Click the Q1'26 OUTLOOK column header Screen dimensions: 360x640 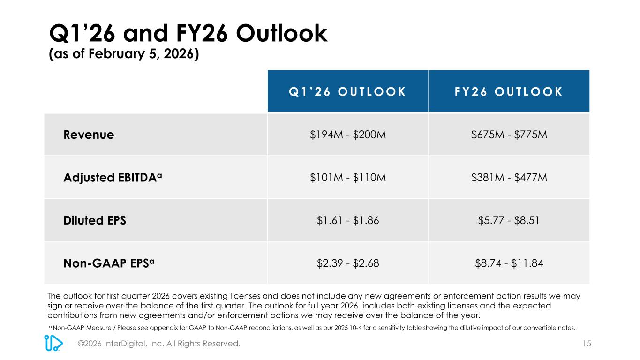[347, 91]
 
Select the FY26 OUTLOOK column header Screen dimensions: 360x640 [509, 91]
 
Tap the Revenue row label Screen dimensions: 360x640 [89, 135]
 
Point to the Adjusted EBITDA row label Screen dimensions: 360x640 [113, 178]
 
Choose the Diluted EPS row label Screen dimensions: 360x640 [95, 220]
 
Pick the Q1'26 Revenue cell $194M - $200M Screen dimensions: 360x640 [347, 135]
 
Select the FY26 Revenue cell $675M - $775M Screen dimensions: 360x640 [509, 135]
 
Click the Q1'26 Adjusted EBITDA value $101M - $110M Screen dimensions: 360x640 [347, 178]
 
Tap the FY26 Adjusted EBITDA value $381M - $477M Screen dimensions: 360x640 [509, 178]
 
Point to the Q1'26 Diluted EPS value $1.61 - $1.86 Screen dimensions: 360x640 [347, 220]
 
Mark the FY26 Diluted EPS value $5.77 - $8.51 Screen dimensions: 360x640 [509, 220]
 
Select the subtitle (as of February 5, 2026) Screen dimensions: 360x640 [125, 55]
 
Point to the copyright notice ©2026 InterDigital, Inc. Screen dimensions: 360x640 [159, 344]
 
